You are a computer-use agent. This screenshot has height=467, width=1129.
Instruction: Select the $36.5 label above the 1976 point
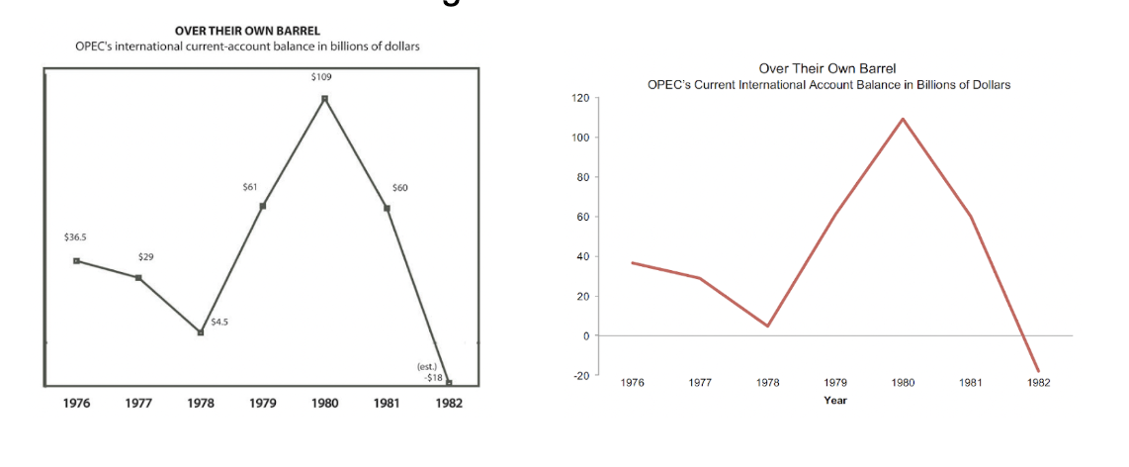[x=75, y=237]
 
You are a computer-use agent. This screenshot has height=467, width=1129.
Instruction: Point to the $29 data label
[x=145, y=256]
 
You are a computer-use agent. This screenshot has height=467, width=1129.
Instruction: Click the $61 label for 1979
[x=249, y=186]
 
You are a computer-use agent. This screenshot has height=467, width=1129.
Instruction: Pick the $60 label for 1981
[x=399, y=187]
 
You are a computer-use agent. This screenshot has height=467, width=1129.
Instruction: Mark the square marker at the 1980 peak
[x=324, y=98]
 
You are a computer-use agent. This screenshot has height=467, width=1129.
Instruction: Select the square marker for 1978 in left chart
[x=201, y=332]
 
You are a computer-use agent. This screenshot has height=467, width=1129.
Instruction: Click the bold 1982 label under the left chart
[x=449, y=404]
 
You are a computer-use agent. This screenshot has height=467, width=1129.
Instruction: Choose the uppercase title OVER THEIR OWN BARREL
[x=247, y=31]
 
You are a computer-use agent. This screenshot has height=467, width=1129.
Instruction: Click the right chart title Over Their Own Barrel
[x=827, y=68]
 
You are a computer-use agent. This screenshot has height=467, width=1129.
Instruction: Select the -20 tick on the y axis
[x=579, y=376]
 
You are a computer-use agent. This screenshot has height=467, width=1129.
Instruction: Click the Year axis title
[x=834, y=401]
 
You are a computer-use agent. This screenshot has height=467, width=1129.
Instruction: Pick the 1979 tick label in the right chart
[x=834, y=382]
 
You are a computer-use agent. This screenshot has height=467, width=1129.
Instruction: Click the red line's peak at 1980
[x=903, y=119]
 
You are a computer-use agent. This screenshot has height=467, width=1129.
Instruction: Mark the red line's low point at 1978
[x=767, y=327]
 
